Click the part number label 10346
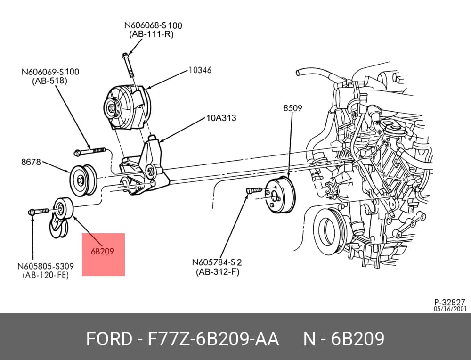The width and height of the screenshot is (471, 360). (x=200, y=70)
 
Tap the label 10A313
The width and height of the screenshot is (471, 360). (x=221, y=118)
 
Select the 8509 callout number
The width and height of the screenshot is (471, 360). (x=293, y=107)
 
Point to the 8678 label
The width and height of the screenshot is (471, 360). (x=31, y=162)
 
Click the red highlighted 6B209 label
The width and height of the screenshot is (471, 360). (x=103, y=251)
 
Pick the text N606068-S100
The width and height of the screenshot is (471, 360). (x=153, y=25)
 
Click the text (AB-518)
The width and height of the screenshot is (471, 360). (x=49, y=81)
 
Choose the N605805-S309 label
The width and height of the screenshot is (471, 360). (x=46, y=266)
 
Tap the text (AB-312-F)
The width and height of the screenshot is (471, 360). (x=218, y=272)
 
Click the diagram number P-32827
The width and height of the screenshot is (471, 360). (x=450, y=302)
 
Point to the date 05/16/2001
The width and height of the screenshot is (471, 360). (x=450, y=309)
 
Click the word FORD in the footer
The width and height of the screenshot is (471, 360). (x=109, y=339)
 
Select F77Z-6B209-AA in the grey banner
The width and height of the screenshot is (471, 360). (x=213, y=339)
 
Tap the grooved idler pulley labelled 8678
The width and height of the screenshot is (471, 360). (x=83, y=180)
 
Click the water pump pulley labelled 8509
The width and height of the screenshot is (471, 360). (x=280, y=195)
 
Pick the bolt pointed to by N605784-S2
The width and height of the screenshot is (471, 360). (x=254, y=190)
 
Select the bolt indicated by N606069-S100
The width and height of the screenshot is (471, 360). (x=90, y=151)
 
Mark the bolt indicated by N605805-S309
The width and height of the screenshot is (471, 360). (x=38, y=212)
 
